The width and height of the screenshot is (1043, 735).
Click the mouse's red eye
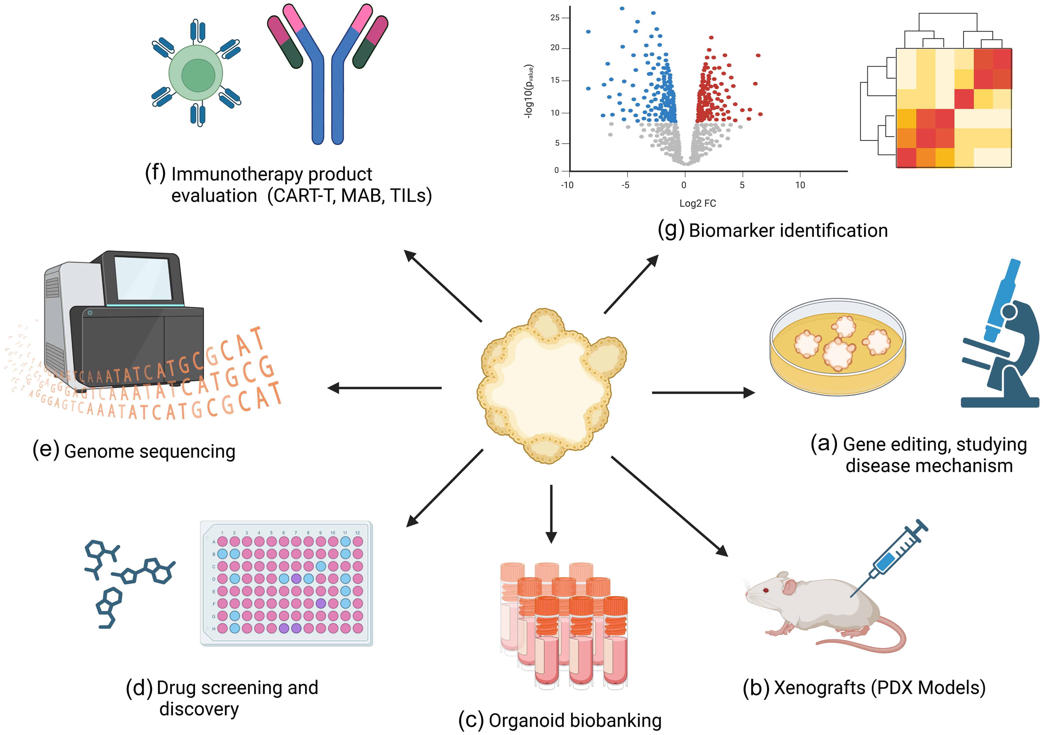(x=766, y=590)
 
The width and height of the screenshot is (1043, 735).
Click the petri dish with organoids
(x=837, y=348)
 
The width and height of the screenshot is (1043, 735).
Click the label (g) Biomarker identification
(x=772, y=230)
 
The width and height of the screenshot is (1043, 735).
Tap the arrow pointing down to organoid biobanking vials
(x=551, y=514)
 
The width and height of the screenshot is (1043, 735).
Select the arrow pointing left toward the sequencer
(x=384, y=388)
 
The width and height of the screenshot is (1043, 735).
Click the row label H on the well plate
(x=214, y=629)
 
